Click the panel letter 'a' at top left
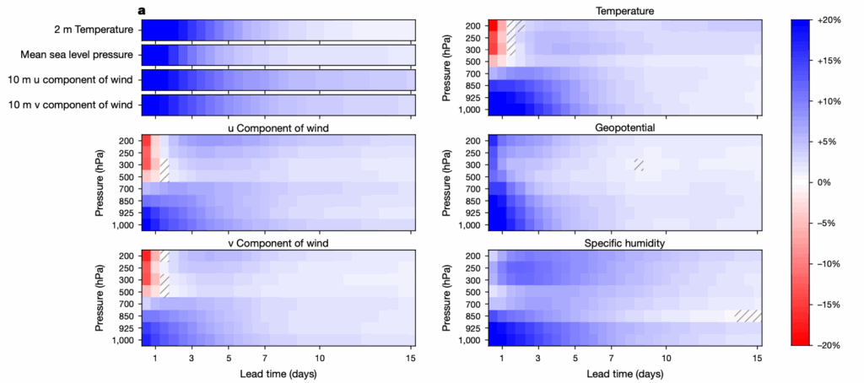coord(143,10)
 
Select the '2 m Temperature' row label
coord(90,31)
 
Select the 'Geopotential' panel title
coord(625,127)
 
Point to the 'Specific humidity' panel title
coord(625,243)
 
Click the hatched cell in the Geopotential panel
coord(639,165)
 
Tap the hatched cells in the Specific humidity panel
coord(748,316)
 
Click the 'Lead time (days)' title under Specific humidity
coord(625,371)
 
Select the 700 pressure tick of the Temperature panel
coord(472,73)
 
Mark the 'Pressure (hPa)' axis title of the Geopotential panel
coord(445,182)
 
